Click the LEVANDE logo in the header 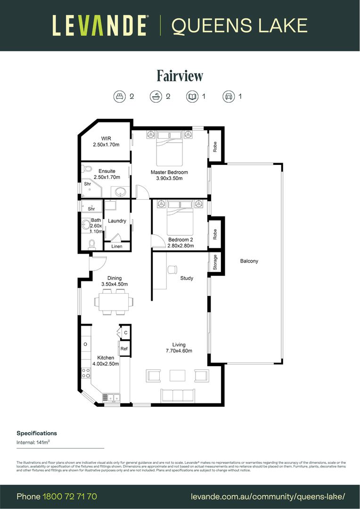(100, 25)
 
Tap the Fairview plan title (180, 75)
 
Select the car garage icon (229, 97)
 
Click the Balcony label (249, 261)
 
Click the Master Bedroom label (169, 172)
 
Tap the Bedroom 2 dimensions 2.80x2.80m (180, 246)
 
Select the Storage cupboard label (215, 263)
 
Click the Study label (187, 278)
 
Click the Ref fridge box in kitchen (124, 349)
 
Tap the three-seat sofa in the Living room (178, 395)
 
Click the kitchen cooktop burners (86, 373)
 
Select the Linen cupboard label (116, 246)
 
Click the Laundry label (117, 221)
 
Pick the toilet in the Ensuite (87, 169)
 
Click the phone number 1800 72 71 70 (70, 496)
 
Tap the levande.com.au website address (268, 496)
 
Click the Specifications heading (37, 433)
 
